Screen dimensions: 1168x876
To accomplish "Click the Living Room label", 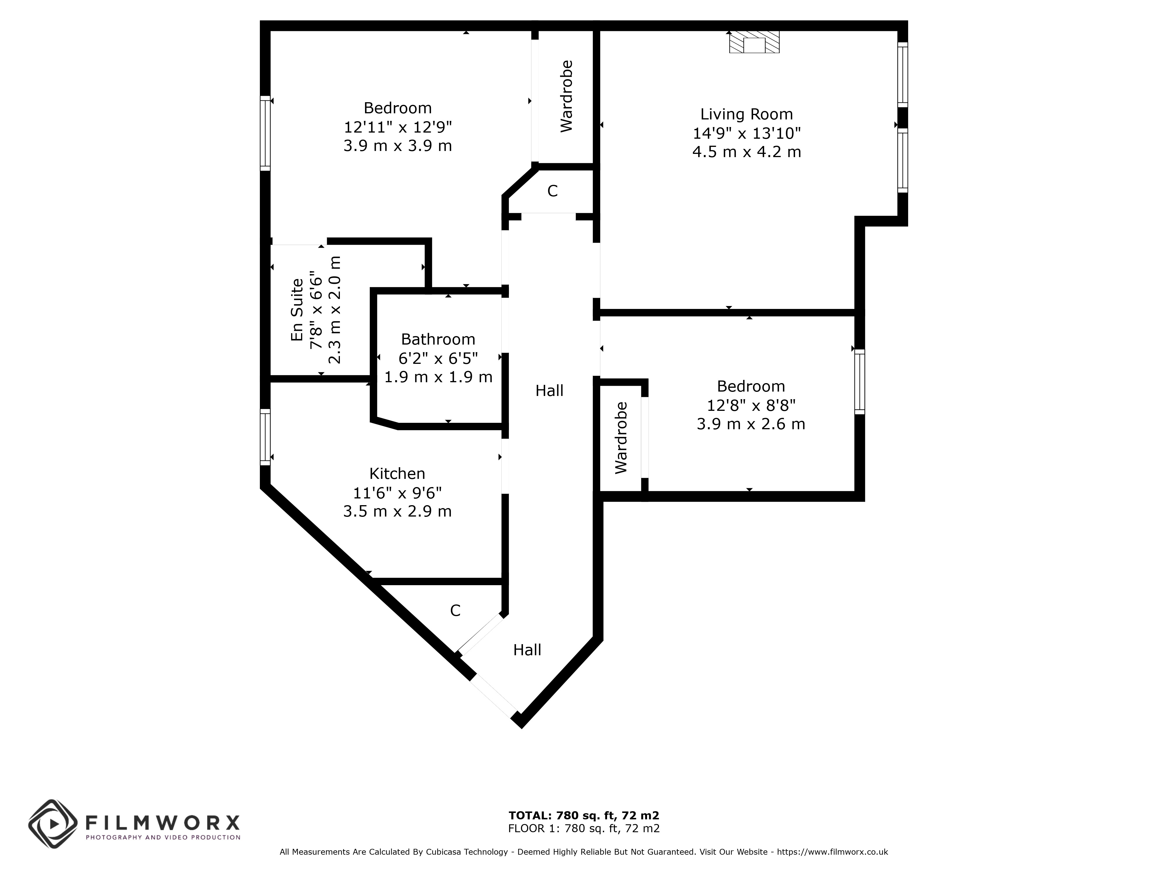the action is coord(746,114).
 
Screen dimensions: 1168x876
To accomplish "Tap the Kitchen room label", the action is coord(397,474).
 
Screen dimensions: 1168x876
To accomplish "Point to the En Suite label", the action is coord(297,310).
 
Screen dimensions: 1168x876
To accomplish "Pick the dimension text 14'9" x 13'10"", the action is coord(747,133).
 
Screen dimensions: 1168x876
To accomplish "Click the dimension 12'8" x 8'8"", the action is coord(751,405).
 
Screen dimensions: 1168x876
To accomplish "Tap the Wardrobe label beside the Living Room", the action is coord(566,96).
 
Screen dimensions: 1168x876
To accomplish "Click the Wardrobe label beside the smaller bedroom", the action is coord(621,437).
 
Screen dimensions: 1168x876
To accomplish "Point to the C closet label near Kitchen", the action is coord(455,610).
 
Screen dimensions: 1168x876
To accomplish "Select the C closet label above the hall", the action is coord(552,191).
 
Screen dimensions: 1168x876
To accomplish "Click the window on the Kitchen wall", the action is coord(265,437).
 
